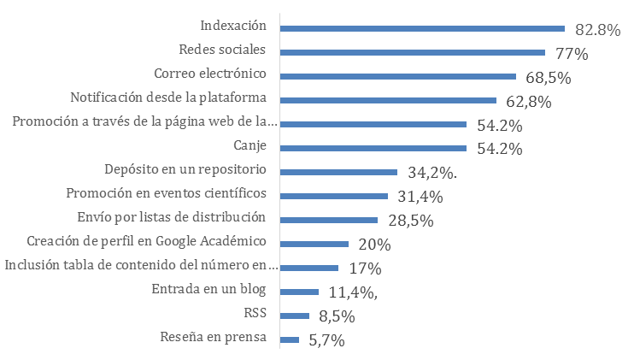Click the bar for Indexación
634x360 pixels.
pyautogui.click(x=423, y=28)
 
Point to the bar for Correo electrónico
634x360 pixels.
pyautogui.click(x=398, y=76)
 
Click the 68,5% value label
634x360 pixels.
pyautogui.click(x=549, y=78)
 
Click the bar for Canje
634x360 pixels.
pyautogui.click(x=373, y=148)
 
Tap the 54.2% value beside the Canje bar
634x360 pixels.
pyautogui.click(x=499, y=150)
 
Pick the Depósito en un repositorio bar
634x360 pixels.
pyautogui.click(x=339, y=172)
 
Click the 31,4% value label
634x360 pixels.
pyautogui.click(x=420, y=198)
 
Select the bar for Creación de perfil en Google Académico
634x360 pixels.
pyautogui.click(x=314, y=244)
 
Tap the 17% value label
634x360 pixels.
pyautogui.click(x=364, y=268)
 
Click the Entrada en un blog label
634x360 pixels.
pyautogui.click(x=208, y=287)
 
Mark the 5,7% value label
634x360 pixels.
pyautogui.click(x=325, y=340)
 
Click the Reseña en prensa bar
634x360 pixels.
pyautogui.click(x=290, y=339)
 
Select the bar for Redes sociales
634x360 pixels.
pyautogui.click(x=413, y=52)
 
